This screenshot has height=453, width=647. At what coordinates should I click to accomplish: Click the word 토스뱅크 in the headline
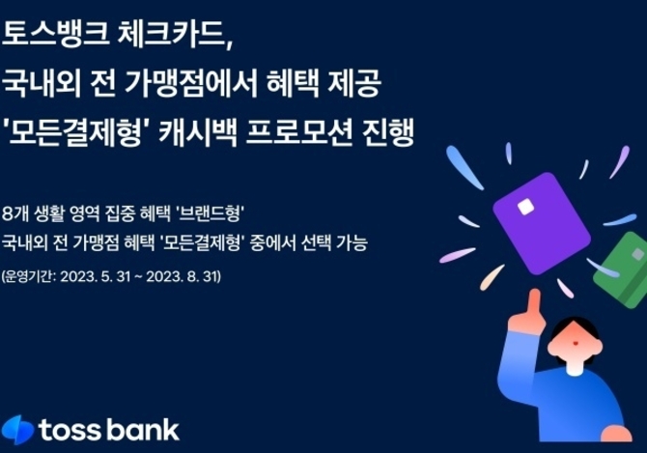56,33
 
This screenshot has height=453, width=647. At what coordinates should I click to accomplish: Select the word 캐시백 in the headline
198,133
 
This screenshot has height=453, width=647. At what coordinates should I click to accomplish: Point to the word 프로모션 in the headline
299,133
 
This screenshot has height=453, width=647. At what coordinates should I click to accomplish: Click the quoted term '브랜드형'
210,213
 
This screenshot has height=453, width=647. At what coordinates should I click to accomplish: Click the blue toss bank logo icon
17,430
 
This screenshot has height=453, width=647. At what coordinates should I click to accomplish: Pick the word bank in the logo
143,430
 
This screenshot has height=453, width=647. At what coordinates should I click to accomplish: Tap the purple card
542,223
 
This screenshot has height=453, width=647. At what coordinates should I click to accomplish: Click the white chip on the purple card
525,207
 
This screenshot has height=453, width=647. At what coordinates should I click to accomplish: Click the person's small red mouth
576,343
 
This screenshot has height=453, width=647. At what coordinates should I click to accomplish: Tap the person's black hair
575,328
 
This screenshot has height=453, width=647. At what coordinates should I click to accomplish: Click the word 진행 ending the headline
388,133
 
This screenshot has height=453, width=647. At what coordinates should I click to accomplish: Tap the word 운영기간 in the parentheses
29,276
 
